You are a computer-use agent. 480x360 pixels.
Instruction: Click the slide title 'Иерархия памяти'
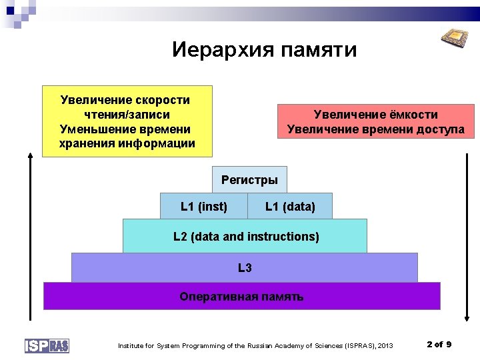pyautogui.click(x=264, y=50)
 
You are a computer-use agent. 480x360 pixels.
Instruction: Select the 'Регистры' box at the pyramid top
pyautogui.click(x=249, y=180)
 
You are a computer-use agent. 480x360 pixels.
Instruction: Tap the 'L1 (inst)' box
pyautogui.click(x=204, y=207)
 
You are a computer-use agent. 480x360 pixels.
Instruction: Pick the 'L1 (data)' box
pyautogui.click(x=290, y=207)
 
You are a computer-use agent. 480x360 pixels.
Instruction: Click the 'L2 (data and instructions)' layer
pyautogui.click(x=245, y=237)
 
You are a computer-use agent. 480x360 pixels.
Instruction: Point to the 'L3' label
pyautogui.click(x=245, y=268)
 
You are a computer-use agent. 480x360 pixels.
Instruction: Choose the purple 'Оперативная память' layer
pyautogui.click(x=241, y=297)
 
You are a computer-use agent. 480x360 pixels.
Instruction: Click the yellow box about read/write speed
pyautogui.click(x=127, y=121)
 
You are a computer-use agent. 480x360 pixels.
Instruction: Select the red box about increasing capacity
pyautogui.click(x=375, y=121)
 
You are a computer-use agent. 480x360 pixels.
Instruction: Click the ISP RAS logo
pyautogui.click(x=47, y=345)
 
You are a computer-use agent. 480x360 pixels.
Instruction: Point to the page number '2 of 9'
pyautogui.click(x=439, y=344)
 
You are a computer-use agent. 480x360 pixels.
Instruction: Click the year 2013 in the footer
pyautogui.click(x=385, y=345)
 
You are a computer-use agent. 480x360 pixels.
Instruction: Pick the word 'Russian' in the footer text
pyautogui.click(x=261, y=345)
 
